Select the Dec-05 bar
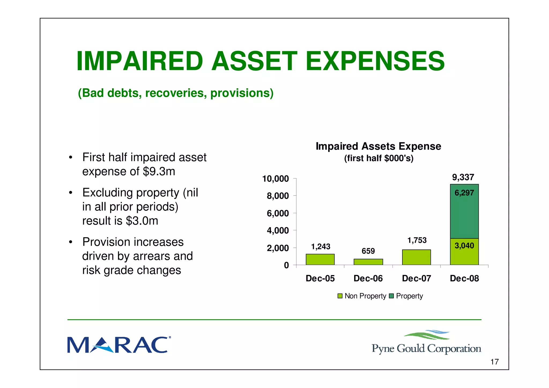[x=320, y=259]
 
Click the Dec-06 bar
[x=368, y=262]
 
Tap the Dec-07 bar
[x=416, y=257]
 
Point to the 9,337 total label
[x=463, y=177]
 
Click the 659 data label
[x=368, y=251]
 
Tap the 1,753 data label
[x=417, y=240]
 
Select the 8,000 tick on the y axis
[x=278, y=196]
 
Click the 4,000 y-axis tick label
[x=278, y=230]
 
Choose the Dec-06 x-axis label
[x=368, y=278]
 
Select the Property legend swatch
[x=391, y=296]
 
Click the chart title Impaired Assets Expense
[x=378, y=146]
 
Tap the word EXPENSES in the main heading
[x=375, y=61]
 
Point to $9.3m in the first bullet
[x=159, y=171]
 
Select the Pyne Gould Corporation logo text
[x=426, y=349]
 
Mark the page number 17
[x=494, y=362]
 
